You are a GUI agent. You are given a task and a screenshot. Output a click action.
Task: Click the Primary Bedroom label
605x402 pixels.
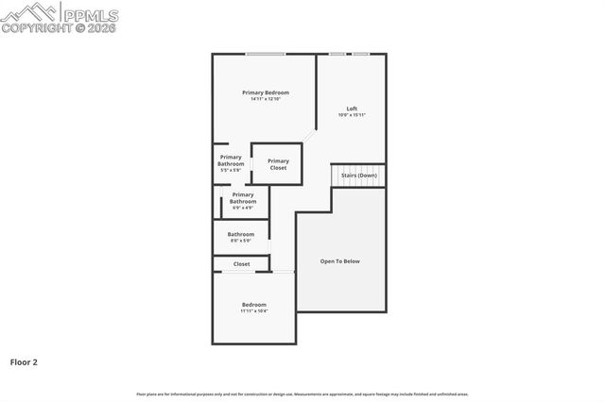[x=265, y=92]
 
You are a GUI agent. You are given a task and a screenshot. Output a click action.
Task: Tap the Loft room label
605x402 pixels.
[x=352, y=109]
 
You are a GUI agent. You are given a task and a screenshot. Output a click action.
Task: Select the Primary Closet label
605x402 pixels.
[x=278, y=163]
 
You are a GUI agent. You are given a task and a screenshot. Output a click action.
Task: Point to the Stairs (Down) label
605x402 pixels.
[x=359, y=176]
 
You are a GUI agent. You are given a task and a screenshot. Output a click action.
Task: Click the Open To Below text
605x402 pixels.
[x=340, y=261]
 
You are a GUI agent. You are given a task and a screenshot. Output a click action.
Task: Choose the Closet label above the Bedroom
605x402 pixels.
[x=242, y=264]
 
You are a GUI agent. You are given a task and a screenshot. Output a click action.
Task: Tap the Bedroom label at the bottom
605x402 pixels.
[x=253, y=305]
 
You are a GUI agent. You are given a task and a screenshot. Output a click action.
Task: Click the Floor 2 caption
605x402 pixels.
[x=24, y=361]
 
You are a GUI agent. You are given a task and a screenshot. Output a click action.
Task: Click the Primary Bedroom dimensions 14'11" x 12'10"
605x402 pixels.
[x=265, y=99]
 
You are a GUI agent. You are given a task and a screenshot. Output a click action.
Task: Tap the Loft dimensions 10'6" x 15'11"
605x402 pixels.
[x=352, y=115]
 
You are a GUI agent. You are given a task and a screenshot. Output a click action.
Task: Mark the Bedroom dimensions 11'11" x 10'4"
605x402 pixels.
[x=253, y=311]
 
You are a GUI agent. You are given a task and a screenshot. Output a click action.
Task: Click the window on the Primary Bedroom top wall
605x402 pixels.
[x=266, y=54]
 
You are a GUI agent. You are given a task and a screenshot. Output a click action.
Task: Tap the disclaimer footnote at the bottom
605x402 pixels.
[x=302, y=394]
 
